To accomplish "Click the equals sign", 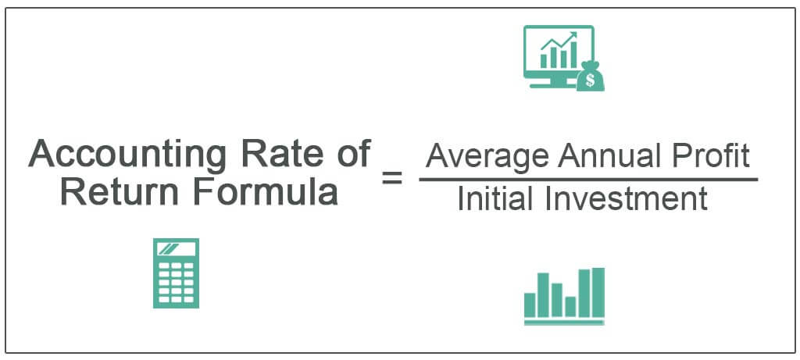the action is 392,179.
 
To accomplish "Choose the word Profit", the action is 708,155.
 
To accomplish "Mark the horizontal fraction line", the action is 587,180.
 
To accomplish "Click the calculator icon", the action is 176,273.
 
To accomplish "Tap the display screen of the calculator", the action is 176,249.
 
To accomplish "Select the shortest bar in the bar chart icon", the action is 570,307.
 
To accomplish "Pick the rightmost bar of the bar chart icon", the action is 598,293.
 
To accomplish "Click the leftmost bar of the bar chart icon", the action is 530,305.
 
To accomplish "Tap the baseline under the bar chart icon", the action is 564,323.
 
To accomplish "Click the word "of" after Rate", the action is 355,153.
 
